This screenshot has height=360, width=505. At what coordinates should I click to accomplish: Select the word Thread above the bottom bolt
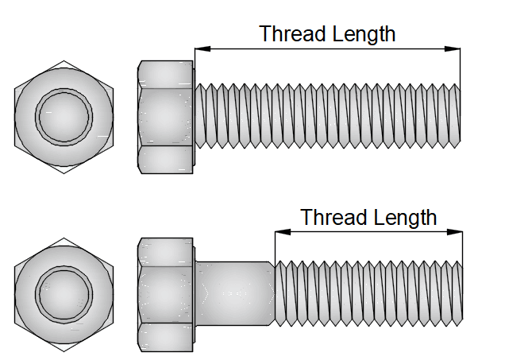pyautogui.click(x=333, y=217)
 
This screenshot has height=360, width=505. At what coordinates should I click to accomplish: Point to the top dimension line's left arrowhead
pyautogui.click(x=200, y=49)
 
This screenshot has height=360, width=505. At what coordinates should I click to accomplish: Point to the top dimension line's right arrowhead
pyautogui.click(x=455, y=49)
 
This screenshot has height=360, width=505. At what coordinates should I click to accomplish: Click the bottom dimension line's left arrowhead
pyautogui.click(x=279, y=232)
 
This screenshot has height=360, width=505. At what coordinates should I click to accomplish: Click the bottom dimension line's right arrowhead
pyautogui.click(x=457, y=232)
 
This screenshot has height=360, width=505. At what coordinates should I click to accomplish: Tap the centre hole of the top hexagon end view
pyautogui.click(x=64, y=116)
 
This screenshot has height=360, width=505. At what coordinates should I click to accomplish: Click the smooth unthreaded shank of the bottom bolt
pyautogui.click(x=234, y=294)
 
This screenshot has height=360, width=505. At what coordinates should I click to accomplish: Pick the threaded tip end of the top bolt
pyautogui.click(x=455, y=116)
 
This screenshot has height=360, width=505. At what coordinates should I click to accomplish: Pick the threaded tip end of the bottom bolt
pyautogui.click(x=457, y=294)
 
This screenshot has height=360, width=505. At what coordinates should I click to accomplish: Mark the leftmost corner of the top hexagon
pyautogui.click(x=14, y=116)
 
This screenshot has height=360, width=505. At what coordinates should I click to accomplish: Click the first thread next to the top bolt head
pyautogui.click(x=200, y=116)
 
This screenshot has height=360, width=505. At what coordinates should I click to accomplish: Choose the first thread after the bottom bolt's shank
pyautogui.click(x=279, y=294)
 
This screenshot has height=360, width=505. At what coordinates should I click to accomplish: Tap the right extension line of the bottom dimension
pyautogui.click(x=461, y=246)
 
